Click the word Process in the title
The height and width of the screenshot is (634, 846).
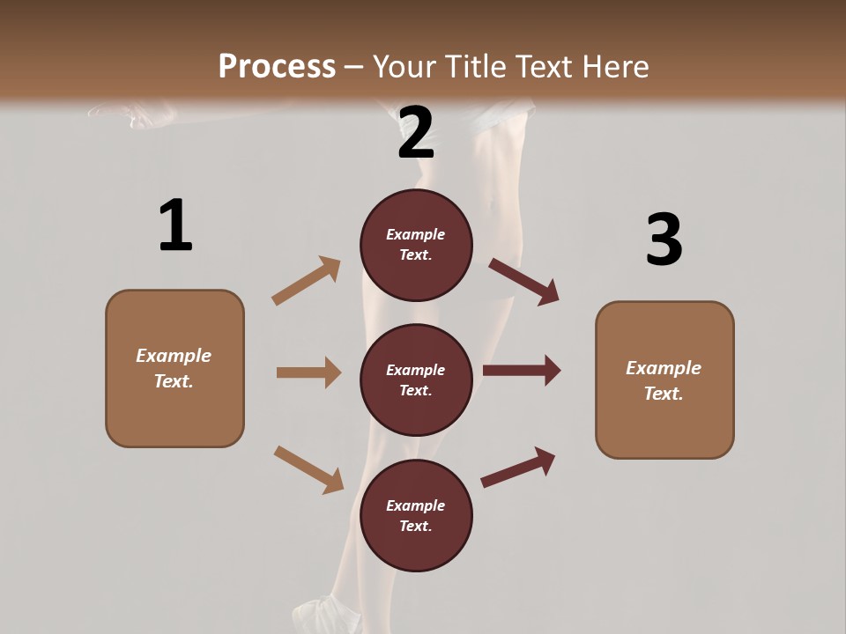tap(277, 67)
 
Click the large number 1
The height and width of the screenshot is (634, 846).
tap(175, 226)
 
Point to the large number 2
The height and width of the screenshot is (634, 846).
tap(416, 133)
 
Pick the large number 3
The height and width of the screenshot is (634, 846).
tap(664, 240)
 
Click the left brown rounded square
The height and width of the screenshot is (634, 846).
tap(174, 368)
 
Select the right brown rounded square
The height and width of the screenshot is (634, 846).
tap(664, 380)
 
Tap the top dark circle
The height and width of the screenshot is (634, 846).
tap(416, 245)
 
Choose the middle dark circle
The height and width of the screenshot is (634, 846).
tap(416, 380)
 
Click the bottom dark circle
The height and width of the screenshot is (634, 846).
tap(416, 516)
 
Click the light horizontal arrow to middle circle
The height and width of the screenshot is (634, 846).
tap(308, 372)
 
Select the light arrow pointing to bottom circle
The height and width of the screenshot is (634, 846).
tap(308, 469)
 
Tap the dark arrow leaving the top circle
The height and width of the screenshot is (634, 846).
tap(524, 281)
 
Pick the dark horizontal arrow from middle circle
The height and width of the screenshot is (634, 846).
tap(522, 371)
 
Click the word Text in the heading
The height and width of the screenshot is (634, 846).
tap(546, 67)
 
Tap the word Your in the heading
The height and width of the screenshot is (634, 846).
tap(403, 67)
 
